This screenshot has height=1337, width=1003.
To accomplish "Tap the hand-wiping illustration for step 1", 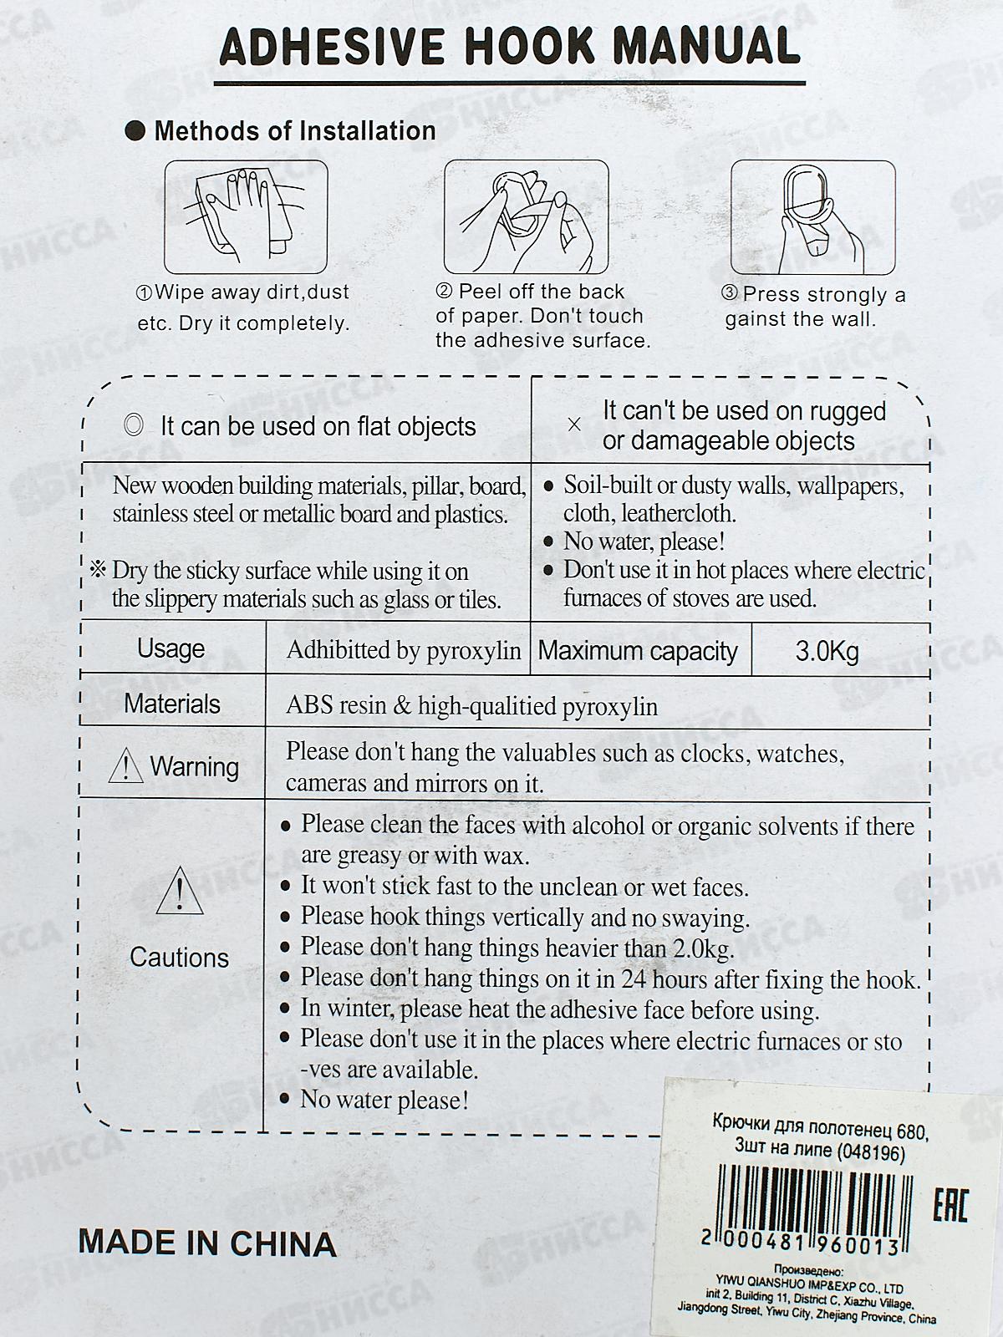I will pyautogui.click(x=246, y=219).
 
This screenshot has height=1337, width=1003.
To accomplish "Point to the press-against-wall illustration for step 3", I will pyautogui.click(x=812, y=217).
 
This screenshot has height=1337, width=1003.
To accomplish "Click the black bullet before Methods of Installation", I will pyautogui.click(x=135, y=131).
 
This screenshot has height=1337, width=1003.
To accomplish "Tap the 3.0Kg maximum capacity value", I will pyautogui.click(x=827, y=651).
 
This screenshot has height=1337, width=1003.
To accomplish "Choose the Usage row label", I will pyautogui.click(x=171, y=649).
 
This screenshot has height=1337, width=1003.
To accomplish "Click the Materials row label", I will pyautogui.click(x=172, y=704).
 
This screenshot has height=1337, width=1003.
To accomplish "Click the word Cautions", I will pyautogui.click(x=179, y=958).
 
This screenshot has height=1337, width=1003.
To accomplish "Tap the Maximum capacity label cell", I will pyautogui.click(x=638, y=651).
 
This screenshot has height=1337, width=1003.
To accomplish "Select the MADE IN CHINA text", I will pyautogui.click(x=207, y=1243).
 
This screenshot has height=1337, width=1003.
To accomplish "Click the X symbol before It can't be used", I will pyautogui.click(x=574, y=424).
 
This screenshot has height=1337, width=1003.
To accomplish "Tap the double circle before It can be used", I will pyautogui.click(x=134, y=425).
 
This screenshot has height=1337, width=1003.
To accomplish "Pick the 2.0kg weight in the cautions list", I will pyautogui.click(x=703, y=948).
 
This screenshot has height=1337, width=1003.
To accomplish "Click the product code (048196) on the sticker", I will pyautogui.click(x=869, y=1152).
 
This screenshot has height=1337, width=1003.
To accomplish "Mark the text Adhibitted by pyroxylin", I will pyautogui.click(x=404, y=650).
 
